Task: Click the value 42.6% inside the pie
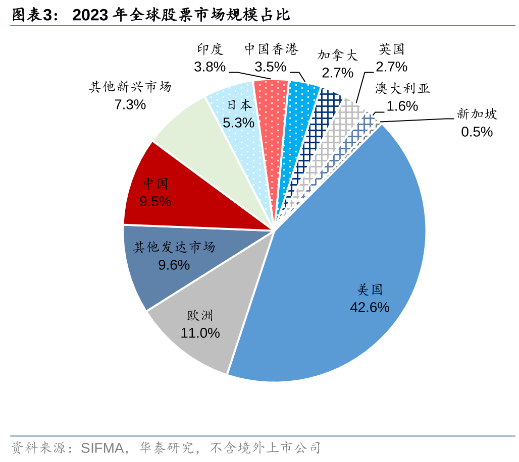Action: pos(370,307)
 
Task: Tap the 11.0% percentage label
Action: pos(200,333)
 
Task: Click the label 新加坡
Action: pos(477,114)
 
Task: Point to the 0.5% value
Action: pos(477,132)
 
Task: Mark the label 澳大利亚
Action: pos(402,89)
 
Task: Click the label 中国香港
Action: pos(271,49)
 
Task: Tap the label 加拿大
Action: pos(337,55)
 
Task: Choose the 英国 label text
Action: pos(392,49)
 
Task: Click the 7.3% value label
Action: pos(130,104)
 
